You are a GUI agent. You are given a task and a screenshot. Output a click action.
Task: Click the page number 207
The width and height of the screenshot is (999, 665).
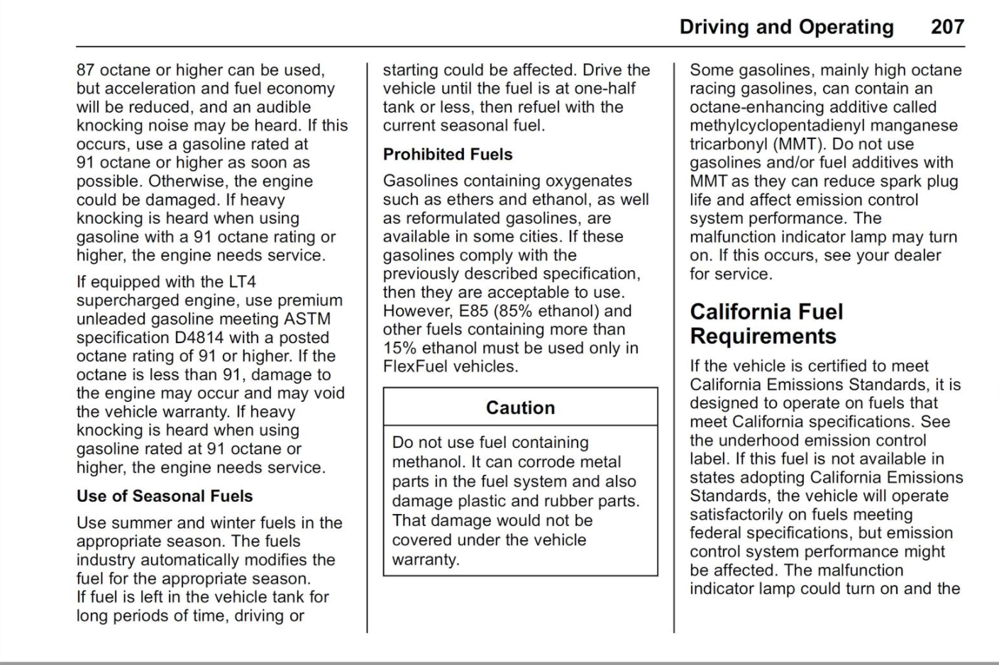point(947,27)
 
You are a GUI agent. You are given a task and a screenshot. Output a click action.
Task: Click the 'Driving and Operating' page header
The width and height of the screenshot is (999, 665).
point(786,27)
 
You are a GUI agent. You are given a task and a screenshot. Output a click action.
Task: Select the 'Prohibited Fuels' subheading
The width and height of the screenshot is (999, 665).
point(447,154)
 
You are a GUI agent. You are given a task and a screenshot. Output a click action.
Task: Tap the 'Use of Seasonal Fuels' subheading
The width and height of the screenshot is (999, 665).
point(165,496)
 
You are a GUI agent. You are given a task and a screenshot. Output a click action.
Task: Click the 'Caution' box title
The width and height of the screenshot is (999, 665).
point(520,408)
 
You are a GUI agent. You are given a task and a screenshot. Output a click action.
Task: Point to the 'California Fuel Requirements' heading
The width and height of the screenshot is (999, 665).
point(766,323)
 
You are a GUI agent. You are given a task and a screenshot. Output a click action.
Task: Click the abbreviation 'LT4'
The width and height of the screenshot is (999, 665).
point(242,282)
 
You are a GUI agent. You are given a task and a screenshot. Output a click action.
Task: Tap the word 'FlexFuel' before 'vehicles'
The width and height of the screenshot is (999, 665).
point(415,367)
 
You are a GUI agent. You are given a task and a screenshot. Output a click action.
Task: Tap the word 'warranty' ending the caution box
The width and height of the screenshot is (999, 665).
point(425,559)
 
